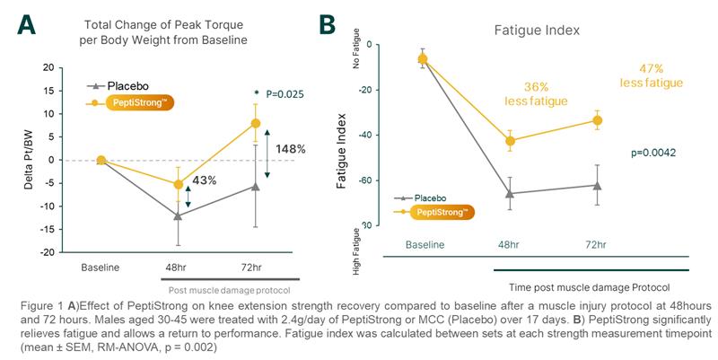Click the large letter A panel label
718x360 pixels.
pyautogui.click(x=26, y=23)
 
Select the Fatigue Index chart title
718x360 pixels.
pyautogui.click(x=537, y=30)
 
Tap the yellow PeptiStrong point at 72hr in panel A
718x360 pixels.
pyautogui.click(x=256, y=123)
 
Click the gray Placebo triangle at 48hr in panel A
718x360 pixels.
pyautogui.click(x=178, y=216)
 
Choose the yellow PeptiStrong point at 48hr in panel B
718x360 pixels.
pyautogui.click(x=511, y=141)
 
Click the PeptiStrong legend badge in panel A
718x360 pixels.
pyautogui.click(x=138, y=103)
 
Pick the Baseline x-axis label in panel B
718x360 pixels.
pyautogui.click(x=425, y=244)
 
